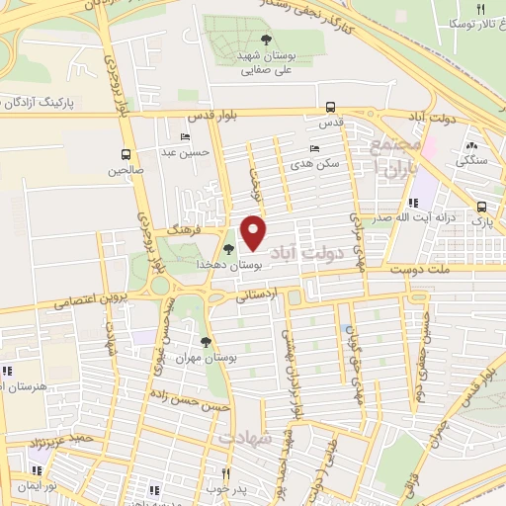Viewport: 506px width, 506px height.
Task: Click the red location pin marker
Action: click(254, 233)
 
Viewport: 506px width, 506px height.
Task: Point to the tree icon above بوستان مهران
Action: click(206, 342)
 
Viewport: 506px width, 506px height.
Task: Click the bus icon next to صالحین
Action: click(126, 154)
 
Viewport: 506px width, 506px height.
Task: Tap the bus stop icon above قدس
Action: click(330, 108)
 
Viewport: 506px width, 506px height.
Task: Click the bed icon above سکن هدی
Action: click(314, 149)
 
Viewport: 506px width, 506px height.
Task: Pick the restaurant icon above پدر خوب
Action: click(226, 473)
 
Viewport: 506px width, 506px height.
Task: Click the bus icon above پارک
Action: click(481, 208)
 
